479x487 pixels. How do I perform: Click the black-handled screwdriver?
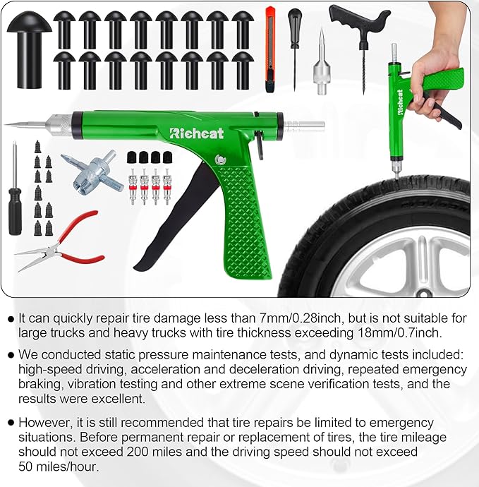point(15,205)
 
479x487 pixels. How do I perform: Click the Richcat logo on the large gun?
point(195,132)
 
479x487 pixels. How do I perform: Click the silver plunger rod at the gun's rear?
point(303,126)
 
